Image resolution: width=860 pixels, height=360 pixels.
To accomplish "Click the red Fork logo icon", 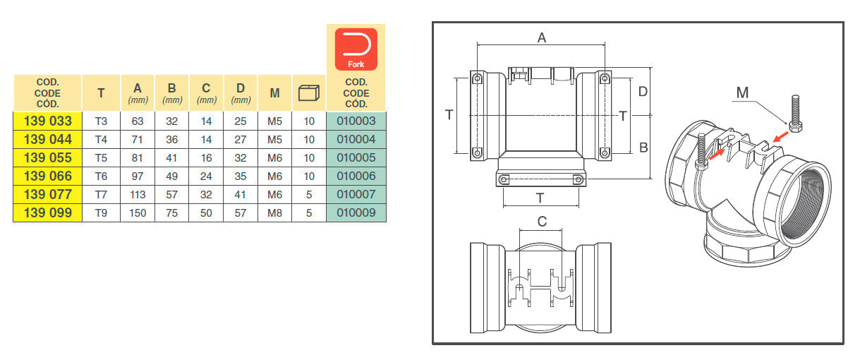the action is [x=356, y=49].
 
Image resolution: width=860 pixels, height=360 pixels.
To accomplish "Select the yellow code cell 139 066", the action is [x=47, y=176].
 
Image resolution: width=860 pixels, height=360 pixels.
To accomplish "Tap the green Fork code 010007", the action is [x=356, y=194].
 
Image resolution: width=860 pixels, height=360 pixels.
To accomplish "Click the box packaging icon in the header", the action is [x=309, y=93].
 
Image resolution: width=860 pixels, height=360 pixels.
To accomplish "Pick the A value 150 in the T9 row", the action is [x=138, y=213].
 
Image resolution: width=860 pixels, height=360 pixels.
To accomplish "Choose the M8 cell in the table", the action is [x=274, y=213].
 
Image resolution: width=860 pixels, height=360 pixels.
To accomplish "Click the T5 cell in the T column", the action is [x=101, y=158].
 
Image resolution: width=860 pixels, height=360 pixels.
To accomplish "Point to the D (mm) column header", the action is [x=241, y=93].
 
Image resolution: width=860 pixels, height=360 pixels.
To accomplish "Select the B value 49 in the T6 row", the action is [x=171, y=176].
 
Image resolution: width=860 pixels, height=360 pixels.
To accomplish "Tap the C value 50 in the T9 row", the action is [x=206, y=213].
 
